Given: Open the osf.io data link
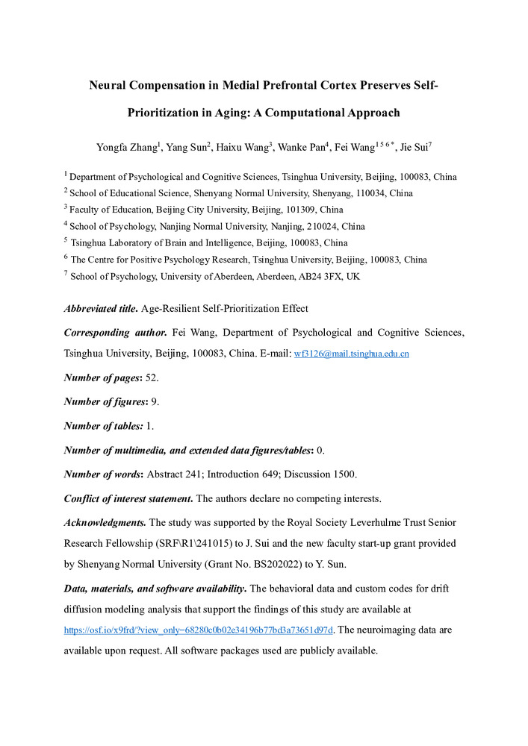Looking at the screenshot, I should coord(199,630).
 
